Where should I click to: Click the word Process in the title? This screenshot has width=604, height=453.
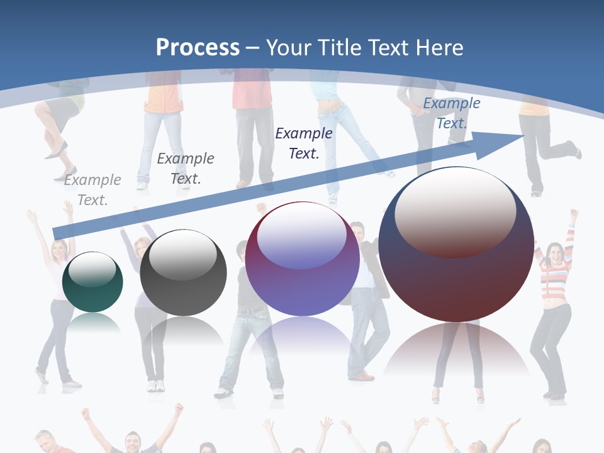click(x=198, y=48)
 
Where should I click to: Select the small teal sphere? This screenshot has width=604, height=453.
click(x=92, y=282)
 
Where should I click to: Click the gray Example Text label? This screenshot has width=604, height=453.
click(x=92, y=190)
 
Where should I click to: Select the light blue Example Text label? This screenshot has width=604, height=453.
click(x=451, y=113)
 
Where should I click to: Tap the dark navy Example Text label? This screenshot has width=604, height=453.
click(x=304, y=143)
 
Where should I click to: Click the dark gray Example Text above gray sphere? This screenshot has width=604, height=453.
click(x=186, y=168)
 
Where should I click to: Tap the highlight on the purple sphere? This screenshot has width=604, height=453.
click(x=301, y=236)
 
